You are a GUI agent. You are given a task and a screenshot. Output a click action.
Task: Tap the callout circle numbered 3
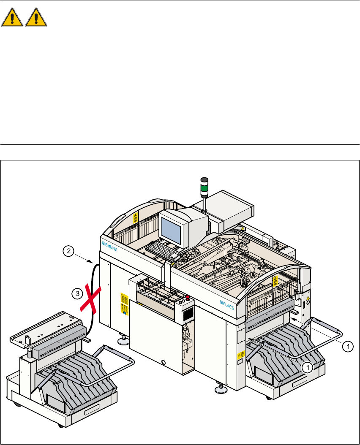click(76, 292)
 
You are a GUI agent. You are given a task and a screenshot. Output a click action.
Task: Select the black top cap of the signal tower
click(204, 179)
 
